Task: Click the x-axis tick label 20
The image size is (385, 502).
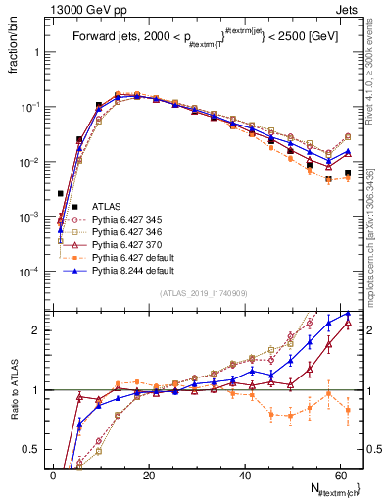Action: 150,475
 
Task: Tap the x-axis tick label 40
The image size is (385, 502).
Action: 246,475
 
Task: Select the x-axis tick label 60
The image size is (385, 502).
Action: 341,475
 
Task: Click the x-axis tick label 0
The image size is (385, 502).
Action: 55,475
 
